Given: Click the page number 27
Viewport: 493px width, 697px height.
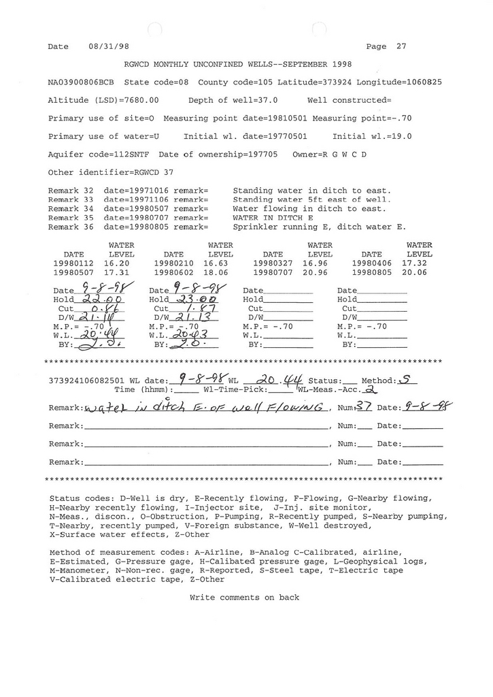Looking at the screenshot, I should pos(401,47).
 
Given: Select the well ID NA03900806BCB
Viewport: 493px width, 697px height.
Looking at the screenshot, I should pos(82,82).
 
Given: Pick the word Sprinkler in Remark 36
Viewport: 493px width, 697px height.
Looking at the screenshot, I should pos(254,227).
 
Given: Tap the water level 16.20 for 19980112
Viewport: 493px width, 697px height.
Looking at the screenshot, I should pos(117,262).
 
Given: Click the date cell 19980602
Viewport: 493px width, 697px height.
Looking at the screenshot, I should pos(174,272).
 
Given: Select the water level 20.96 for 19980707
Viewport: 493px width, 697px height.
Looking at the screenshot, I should pos(316,272).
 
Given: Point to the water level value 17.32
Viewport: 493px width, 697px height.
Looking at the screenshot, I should pos(415,262).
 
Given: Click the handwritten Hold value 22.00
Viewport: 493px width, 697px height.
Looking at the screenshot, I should pos(101,299).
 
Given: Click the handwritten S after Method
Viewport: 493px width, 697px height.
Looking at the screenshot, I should pos(405,380).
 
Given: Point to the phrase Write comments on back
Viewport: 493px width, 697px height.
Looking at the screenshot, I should pos(244,598).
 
